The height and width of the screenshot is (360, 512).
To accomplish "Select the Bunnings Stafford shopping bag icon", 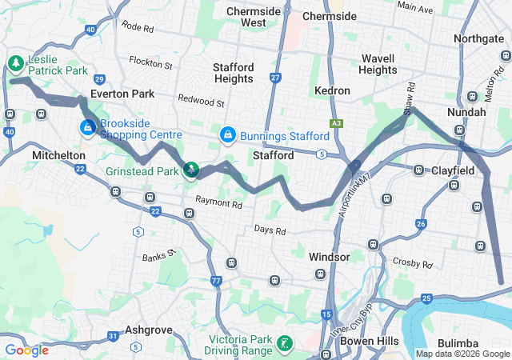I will pyautogui.click(x=228, y=135).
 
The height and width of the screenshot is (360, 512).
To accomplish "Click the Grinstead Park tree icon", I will pyautogui.click(x=191, y=170).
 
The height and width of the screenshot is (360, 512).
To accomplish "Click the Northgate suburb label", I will pyautogui.click(x=478, y=38).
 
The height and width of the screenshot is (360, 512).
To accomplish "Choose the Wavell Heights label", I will pyautogui.click(x=378, y=64).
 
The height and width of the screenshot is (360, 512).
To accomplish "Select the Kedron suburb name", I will pyautogui.click(x=332, y=91).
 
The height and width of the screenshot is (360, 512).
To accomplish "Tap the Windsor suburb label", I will pyautogui.click(x=329, y=257).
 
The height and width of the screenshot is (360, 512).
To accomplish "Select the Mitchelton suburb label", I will pyautogui.click(x=58, y=154).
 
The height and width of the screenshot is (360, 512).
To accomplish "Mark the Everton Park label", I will pyautogui.click(x=122, y=94).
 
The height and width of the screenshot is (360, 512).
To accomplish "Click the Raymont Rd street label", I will pyautogui.click(x=218, y=204).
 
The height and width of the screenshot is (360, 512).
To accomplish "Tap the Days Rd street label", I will pyautogui.click(x=270, y=230).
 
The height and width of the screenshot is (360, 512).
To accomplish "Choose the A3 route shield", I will pyautogui.click(x=337, y=123).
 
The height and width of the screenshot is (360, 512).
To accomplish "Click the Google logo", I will pyautogui.click(x=27, y=350).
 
